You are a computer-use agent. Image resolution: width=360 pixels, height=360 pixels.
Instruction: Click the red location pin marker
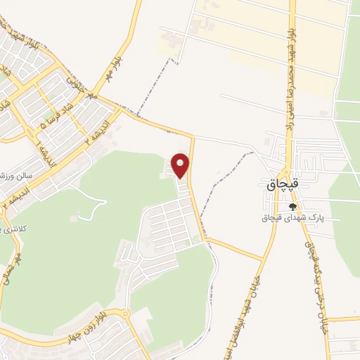tap(181, 165)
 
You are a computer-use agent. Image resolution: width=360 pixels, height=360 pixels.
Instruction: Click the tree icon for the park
tap(292, 207)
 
